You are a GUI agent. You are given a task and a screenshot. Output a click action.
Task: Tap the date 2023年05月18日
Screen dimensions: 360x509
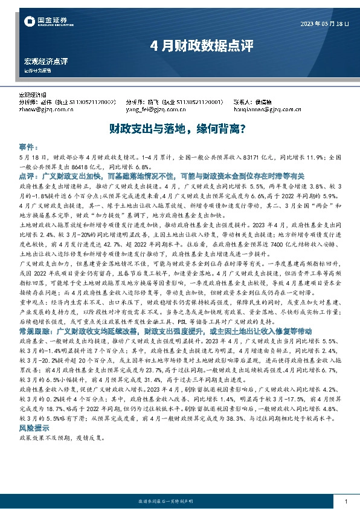tap(324, 24)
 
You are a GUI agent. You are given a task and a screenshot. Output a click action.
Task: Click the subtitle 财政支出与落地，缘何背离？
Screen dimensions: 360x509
tap(179, 128)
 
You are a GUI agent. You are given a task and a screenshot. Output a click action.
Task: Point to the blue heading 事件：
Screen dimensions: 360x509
tap(29, 148)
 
